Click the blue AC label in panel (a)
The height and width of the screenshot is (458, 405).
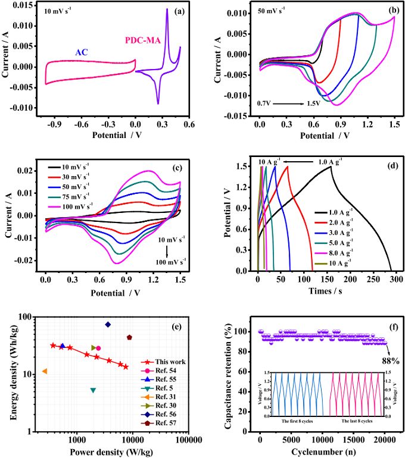click(82, 52)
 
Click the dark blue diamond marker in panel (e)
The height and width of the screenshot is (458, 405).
click(108, 324)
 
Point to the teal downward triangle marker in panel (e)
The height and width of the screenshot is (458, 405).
click(93, 390)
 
